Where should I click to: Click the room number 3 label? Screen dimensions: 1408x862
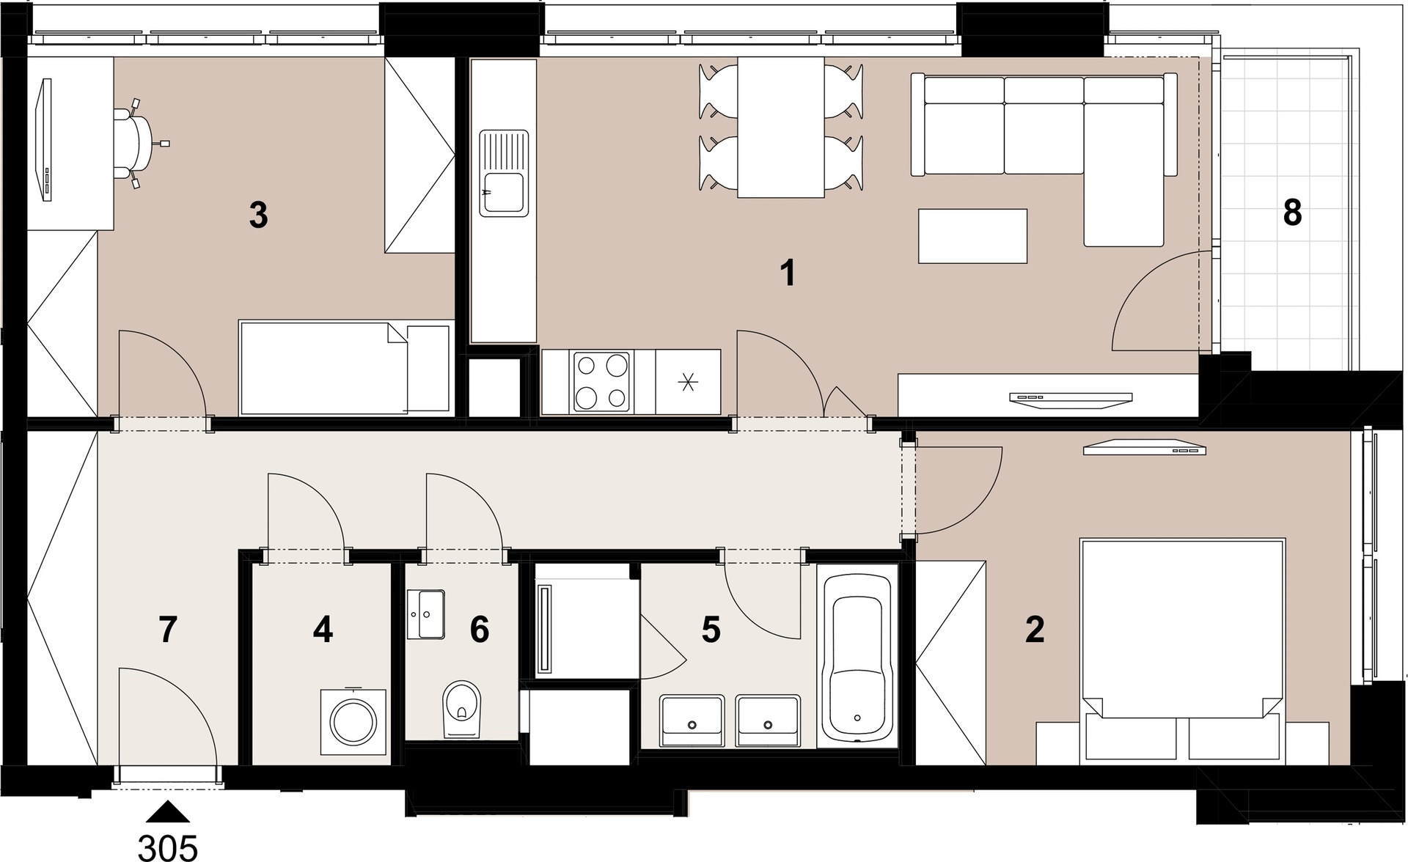coord(258,215)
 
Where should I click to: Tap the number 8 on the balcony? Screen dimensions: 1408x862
coord(1292,213)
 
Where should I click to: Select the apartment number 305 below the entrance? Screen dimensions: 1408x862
coord(168,847)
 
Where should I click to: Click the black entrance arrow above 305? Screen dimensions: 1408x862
coord(169,811)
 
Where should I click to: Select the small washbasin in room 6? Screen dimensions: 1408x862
coord(426,614)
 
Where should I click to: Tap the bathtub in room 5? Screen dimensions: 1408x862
coord(857,658)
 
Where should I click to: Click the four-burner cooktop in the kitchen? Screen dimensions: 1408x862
coord(602,381)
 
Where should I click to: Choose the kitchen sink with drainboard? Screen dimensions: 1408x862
coord(504,173)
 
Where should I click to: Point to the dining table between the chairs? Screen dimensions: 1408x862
coord(781,127)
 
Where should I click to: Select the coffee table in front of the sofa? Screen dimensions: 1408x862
coord(972,236)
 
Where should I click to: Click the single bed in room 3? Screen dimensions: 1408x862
coord(345,366)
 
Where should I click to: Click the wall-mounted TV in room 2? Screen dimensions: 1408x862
coord(1145,447)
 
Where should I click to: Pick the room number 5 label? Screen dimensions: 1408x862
coord(711,630)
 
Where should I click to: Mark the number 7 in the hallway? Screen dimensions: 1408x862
coord(167,630)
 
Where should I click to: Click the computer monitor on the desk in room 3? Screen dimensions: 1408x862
coord(45,139)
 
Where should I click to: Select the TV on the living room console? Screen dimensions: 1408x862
coord(1071,398)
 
